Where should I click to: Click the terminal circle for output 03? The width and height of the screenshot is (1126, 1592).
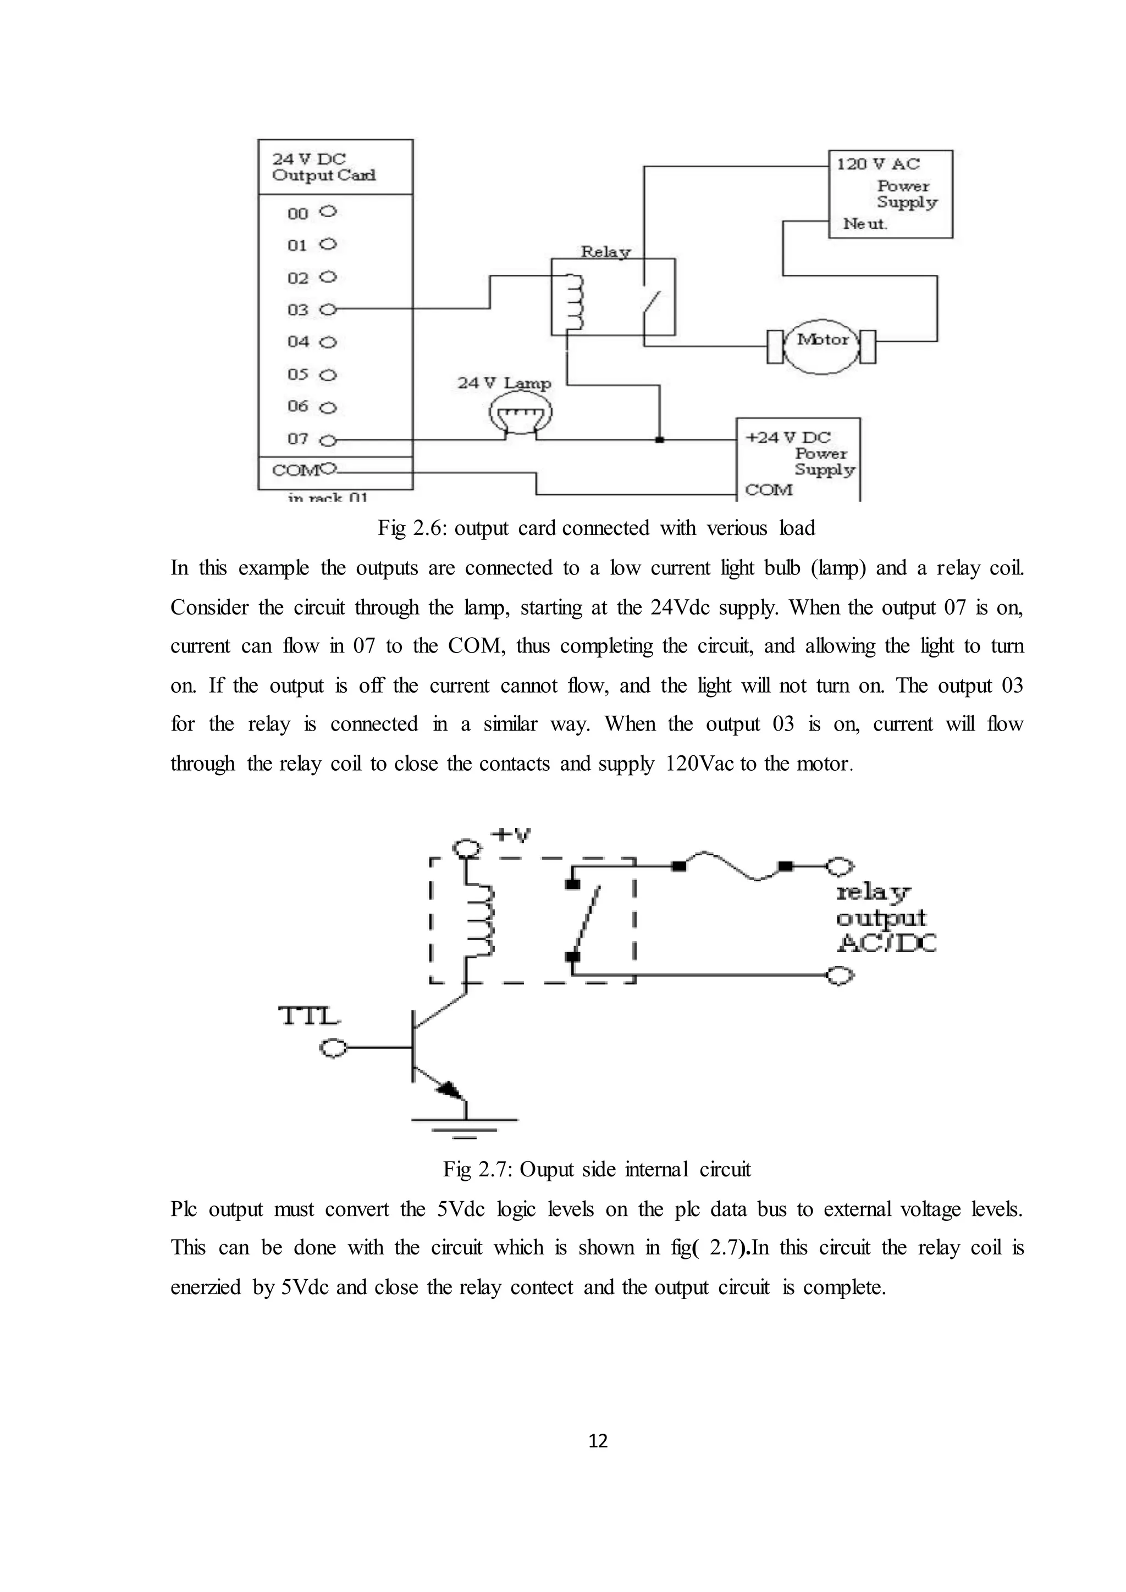tap(329, 309)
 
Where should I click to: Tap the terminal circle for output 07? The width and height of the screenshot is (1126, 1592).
tap(329, 440)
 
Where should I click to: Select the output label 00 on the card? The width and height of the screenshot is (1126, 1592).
tap(297, 213)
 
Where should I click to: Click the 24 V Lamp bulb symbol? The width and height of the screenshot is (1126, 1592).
tap(521, 414)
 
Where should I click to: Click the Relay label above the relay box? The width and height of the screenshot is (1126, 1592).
tap(605, 252)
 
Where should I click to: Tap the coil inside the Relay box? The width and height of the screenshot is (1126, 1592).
tap(575, 303)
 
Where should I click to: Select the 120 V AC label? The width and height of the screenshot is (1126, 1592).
tap(878, 164)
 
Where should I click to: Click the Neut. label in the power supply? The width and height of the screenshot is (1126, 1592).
tap(865, 224)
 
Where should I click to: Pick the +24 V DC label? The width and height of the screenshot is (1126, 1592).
tap(788, 438)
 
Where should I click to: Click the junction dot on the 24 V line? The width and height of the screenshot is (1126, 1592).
tap(659, 440)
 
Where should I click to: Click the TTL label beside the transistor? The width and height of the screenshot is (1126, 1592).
tap(309, 1016)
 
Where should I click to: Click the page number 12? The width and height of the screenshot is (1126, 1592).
tap(598, 1441)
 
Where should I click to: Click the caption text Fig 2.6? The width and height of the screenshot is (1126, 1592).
tap(412, 528)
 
